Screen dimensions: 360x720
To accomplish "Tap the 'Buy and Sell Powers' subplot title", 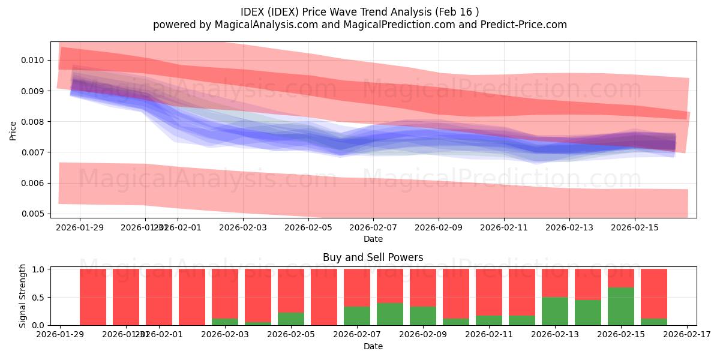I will (373, 257).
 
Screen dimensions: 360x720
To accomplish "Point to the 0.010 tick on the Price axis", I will (32, 60).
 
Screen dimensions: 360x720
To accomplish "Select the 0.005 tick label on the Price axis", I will (32, 214).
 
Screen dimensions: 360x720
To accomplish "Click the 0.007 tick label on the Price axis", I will (32, 152).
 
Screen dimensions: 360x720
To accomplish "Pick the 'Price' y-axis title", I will (13, 130).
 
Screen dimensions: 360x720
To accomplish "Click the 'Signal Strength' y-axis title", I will (23, 296).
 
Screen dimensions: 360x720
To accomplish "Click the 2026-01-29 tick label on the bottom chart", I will (60, 335).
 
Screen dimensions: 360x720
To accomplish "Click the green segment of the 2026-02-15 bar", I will (621, 307).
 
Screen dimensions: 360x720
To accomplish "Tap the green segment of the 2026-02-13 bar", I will (555, 311).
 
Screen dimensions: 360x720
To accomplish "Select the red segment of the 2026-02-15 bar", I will (621, 278).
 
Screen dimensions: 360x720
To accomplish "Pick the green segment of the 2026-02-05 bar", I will (291, 319).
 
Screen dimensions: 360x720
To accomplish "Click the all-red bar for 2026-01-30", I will (93, 297).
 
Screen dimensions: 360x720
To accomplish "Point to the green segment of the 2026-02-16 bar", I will (654, 322).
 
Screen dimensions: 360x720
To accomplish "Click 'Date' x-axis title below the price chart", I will (373, 239).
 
